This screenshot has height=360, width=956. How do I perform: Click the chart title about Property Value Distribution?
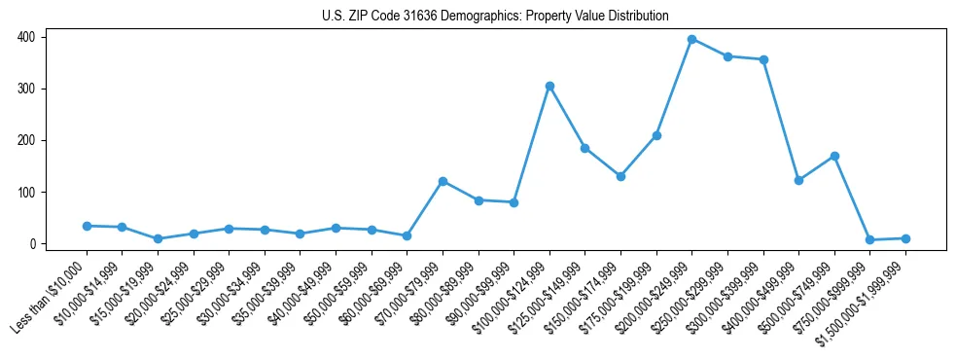click(495, 16)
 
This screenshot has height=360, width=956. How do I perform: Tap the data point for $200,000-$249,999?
click(691, 39)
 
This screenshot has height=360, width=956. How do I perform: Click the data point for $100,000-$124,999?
click(549, 86)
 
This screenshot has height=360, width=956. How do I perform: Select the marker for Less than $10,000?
click(87, 226)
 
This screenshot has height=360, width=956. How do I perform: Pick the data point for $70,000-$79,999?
click(443, 181)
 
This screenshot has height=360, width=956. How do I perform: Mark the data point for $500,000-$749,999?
click(834, 156)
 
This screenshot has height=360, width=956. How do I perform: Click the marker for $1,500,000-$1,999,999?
click(905, 238)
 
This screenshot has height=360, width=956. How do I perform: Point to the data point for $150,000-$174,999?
click(620, 176)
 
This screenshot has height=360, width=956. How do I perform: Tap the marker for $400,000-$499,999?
click(798, 180)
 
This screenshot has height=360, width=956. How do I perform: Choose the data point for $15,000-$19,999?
click(158, 238)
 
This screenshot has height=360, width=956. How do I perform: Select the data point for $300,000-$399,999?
click(763, 59)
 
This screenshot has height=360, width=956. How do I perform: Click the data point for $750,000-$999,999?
click(869, 239)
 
